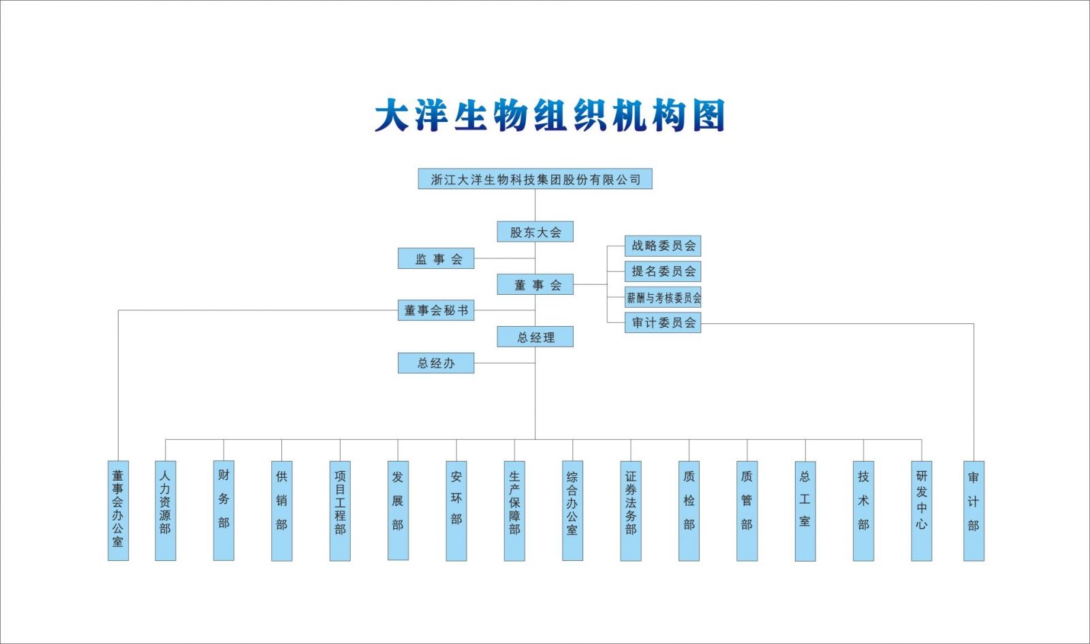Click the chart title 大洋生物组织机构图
(x=549, y=116)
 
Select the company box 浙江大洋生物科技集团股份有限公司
(x=535, y=179)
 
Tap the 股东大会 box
(x=535, y=232)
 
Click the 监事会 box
(x=436, y=259)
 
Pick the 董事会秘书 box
(x=436, y=310)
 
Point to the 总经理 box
(x=535, y=337)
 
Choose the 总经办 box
(x=436, y=364)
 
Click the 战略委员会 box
(x=663, y=246)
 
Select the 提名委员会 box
(x=663, y=272)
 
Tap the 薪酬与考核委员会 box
(x=663, y=297)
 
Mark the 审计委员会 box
(x=663, y=323)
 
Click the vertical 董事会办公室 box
(x=118, y=511)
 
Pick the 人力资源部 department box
(x=166, y=511)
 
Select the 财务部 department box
(x=223, y=511)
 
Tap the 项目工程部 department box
(x=340, y=511)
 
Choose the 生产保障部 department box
(x=514, y=511)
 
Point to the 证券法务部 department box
(x=631, y=511)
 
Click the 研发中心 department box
(x=922, y=511)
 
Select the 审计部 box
(x=974, y=511)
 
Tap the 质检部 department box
(x=689, y=511)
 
